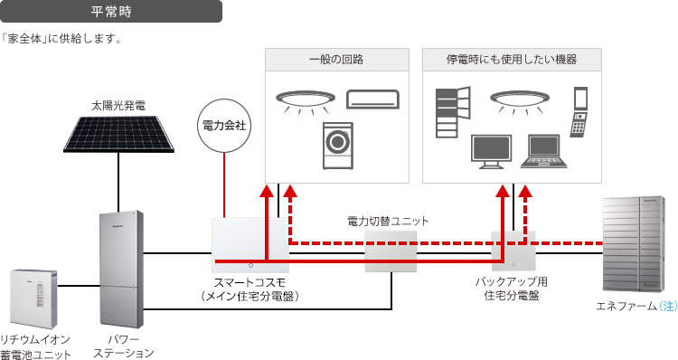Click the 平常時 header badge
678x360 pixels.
pyautogui.click(x=110, y=11)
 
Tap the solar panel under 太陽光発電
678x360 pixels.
pyautogui.click(x=118, y=134)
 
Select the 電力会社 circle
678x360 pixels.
pyautogui.click(x=224, y=126)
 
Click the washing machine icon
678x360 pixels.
pyautogui.click(x=338, y=146)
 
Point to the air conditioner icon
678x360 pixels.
pyautogui.click(x=372, y=99)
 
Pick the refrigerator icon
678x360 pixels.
pyautogui.click(x=453, y=112)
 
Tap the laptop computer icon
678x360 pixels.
pyautogui.click(x=543, y=151)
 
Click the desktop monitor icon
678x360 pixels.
pyautogui.click(x=491, y=151)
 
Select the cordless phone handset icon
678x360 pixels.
pyautogui.click(x=579, y=125)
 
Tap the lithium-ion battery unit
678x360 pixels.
pyautogui.click(x=33, y=299)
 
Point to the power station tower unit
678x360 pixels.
pyautogui.click(x=121, y=269)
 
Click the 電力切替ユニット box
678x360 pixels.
pyautogui.click(x=391, y=251)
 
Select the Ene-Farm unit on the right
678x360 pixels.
pyautogui.click(x=634, y=244)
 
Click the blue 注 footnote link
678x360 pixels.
pyautogui.click(x=668, y=306)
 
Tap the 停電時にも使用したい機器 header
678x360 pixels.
pyautogui.click(x=512, y=60)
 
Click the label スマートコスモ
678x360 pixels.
pyautogui.click(x=250, y=282)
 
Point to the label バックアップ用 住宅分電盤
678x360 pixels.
pyautogui.click(x=512, y=289)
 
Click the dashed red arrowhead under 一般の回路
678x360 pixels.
pyautogui.click(x=291, y=191)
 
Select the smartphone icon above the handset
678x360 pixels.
pyautogui.click(x=580, y=99)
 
